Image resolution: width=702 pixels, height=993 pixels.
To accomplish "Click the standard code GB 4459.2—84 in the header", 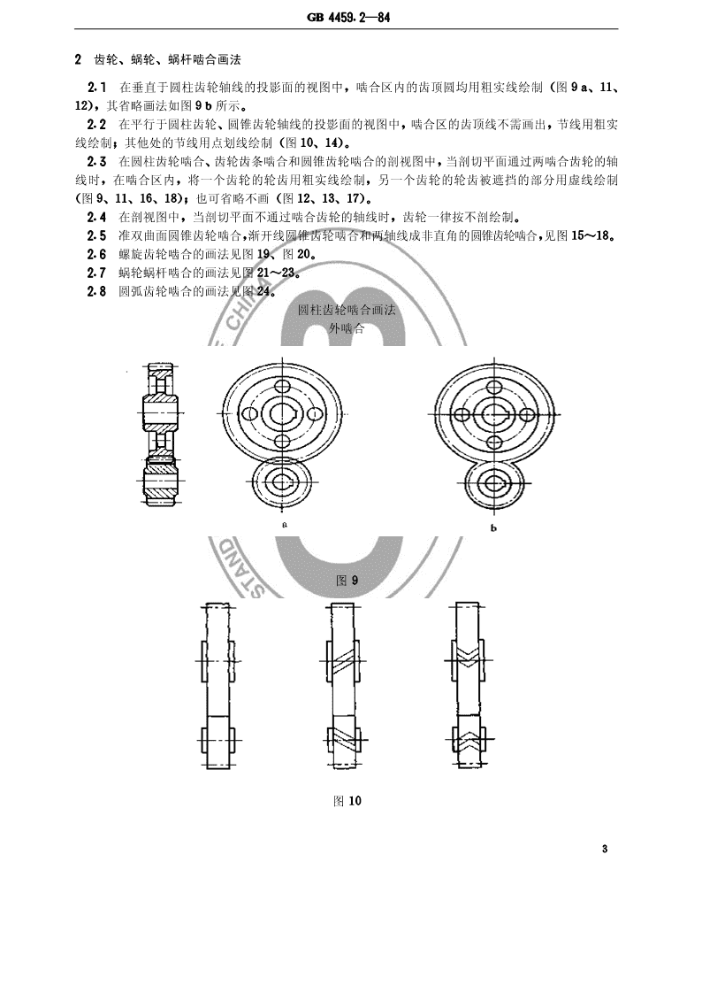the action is click(348, 17).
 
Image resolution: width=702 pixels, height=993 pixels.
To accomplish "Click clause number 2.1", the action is click(96, 88).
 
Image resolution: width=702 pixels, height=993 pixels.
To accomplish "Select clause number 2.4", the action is click(96, 217).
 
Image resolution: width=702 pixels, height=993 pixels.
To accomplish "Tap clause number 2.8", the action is click(96, 292).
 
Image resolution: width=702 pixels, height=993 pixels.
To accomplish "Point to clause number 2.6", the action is click(96, 255).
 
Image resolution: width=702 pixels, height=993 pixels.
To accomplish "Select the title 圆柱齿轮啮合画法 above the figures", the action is click(347, 311).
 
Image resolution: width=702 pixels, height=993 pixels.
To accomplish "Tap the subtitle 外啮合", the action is click(347, 328).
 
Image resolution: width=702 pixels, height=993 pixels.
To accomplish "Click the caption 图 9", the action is click(347, 580).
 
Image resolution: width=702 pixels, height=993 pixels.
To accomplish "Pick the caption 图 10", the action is click(347, 800).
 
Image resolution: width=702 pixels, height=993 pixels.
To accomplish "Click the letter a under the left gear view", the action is click(286, 525).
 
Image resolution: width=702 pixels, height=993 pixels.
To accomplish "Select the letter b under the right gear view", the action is click(493, 528).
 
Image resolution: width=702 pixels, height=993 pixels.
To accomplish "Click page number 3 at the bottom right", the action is click(605, 849).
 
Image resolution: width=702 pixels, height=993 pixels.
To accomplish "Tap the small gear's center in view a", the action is click(281, 483).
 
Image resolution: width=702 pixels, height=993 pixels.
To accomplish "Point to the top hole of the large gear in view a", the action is click(282, 387).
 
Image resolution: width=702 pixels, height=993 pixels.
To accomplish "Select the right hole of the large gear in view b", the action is click(525, 414).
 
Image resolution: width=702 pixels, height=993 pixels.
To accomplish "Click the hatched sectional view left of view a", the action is click(159, 435).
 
